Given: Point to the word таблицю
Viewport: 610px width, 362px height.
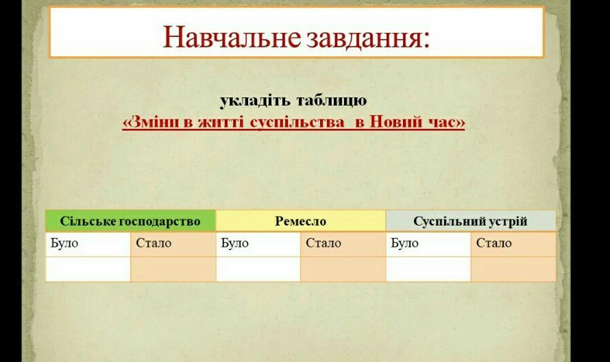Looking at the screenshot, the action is point(332,101).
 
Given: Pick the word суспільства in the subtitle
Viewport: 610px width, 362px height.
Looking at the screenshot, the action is point(297,122).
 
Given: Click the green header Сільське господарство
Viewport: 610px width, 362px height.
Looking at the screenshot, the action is point(130,221).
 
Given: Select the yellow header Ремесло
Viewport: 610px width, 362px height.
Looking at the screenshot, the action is point(300,221).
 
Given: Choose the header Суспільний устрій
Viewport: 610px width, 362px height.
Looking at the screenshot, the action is point(470,221).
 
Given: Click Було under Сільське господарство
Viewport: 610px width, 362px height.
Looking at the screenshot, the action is point(64,243).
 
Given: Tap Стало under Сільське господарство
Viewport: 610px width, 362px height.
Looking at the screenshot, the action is point(154,243).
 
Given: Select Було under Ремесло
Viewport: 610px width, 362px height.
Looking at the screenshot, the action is point(234,243).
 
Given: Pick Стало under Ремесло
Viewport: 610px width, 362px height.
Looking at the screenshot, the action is point(324,243).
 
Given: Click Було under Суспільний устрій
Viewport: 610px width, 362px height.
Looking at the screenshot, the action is point(404,243).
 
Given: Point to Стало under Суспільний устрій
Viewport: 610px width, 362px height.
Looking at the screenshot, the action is point(493,243).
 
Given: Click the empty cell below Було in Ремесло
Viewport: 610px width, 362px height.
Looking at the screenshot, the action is point(258,269).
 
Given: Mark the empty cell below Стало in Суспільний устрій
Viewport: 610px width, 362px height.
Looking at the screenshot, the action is point(513,269).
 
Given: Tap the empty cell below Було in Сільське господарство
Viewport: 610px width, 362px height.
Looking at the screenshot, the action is point(88,269).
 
